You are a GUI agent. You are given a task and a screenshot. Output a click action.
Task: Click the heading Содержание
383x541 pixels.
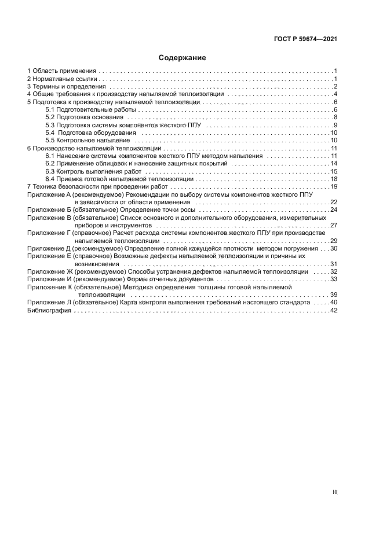(183, 58)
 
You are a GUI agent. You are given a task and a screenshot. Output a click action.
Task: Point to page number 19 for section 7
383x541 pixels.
(334, 187)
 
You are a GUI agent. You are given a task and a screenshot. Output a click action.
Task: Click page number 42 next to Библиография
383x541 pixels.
(334, 311)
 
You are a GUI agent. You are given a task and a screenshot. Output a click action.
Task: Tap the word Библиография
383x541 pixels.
(49, 311)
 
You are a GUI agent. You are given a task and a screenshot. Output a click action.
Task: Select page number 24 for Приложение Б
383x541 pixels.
(334, 209)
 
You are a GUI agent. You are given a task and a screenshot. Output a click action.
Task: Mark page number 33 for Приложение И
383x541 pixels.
(334, 279)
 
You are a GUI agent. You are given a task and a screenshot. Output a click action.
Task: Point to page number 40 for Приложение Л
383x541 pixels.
(334, 303)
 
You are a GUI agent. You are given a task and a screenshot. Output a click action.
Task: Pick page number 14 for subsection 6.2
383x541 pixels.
(334, 164)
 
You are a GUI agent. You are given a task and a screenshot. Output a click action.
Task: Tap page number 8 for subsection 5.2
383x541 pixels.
(335, 117)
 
